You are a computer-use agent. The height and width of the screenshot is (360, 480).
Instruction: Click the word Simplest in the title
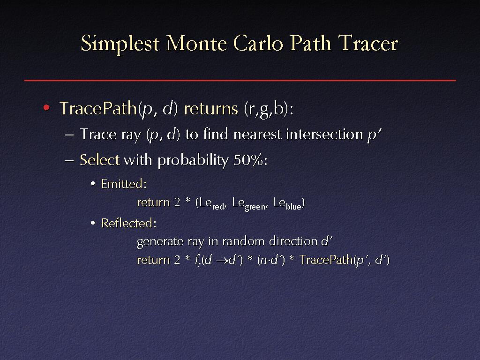(120, 44)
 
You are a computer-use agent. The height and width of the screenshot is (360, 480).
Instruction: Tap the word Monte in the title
(196, 43)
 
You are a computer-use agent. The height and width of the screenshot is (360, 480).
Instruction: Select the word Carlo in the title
(258, 43)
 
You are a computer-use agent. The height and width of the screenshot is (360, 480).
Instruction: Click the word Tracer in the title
(367, 43)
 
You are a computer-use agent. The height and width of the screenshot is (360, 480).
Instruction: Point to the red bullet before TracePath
(46, 107)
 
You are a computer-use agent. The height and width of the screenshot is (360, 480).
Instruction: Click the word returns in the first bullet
(211, 109)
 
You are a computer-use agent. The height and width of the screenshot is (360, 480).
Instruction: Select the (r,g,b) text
(267, 109)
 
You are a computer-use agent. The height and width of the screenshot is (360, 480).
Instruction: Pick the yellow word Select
(100, 160)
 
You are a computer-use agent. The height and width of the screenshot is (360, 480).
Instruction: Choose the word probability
(193, 160)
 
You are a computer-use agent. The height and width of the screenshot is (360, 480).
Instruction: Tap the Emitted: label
(124, 184)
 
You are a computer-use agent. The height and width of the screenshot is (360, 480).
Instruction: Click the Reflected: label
(129, 223)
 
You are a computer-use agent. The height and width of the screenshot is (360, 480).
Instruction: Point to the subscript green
(255, 207)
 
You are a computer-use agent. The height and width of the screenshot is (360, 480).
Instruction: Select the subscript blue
(293, 207)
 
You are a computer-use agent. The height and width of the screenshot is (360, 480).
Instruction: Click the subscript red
(218, 207)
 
